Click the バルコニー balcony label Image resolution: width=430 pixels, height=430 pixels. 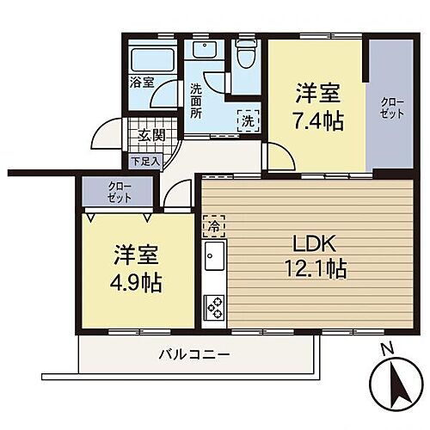click(x=193, y=354)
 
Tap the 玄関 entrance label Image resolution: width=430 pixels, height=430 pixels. click(x=152, y=135)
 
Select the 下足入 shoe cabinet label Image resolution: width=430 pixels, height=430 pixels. click(x=144, y=160)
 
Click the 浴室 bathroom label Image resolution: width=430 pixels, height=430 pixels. click(x=141, y=83)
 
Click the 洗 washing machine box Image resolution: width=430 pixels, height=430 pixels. click(x=247, y=121)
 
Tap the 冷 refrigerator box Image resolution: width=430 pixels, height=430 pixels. click(x=212, y=226)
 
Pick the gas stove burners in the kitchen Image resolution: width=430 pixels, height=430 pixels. click(x=213, y=304)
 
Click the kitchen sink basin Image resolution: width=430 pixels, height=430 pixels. click(x=214, y=257)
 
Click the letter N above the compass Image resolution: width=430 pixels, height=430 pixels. click(x=387, y=348)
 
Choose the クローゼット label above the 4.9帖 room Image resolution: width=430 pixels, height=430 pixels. click(x=120, y=192)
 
